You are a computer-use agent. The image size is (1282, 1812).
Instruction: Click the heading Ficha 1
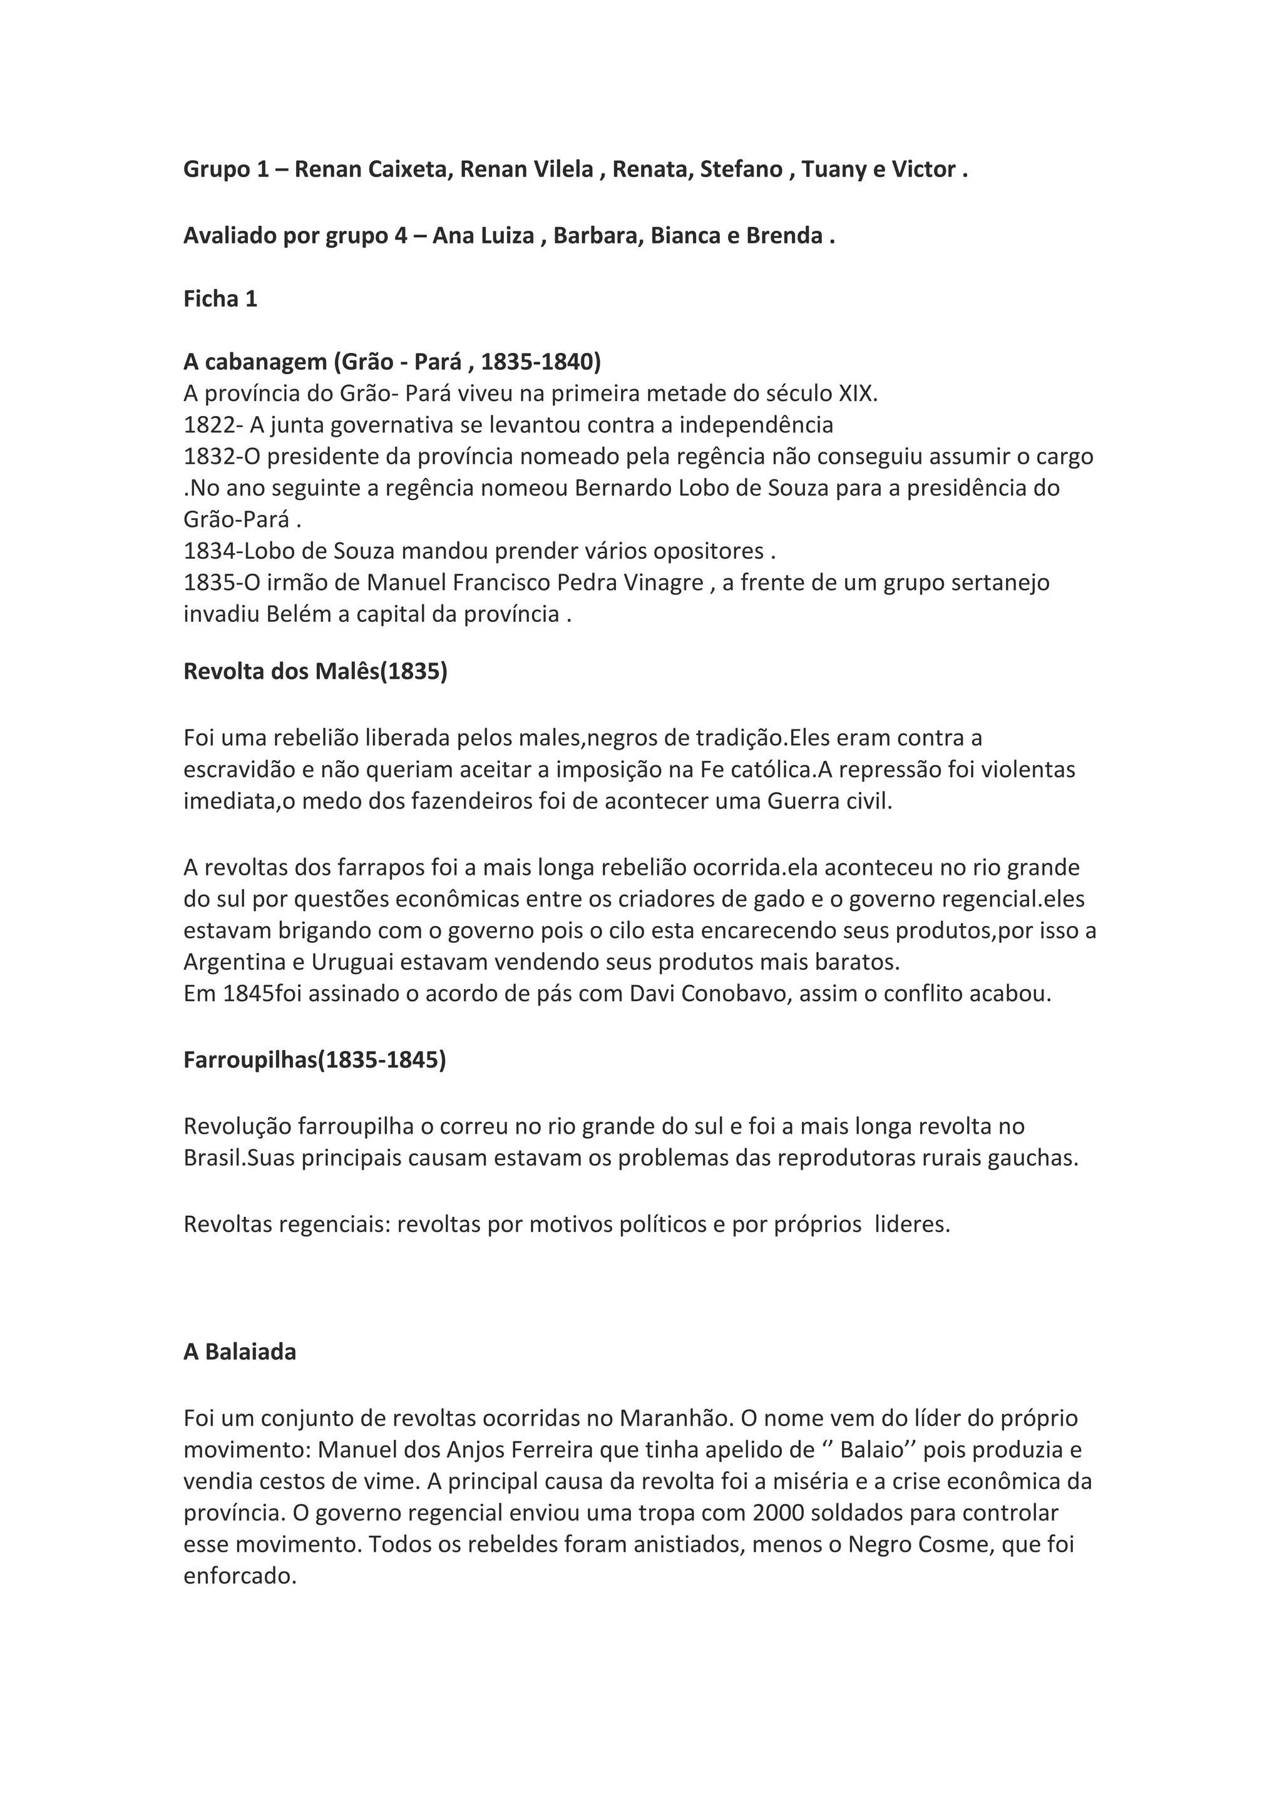(220, 298)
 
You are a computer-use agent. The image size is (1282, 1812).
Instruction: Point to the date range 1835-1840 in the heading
(540, 362)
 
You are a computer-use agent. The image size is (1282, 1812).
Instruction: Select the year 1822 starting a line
(208, 425)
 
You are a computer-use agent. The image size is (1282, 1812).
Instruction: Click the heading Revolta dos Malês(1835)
(315, 671)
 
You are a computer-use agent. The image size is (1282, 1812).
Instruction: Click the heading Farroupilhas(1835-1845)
(314, 1060)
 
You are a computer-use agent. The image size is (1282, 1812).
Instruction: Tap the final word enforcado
(239, 1576)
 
